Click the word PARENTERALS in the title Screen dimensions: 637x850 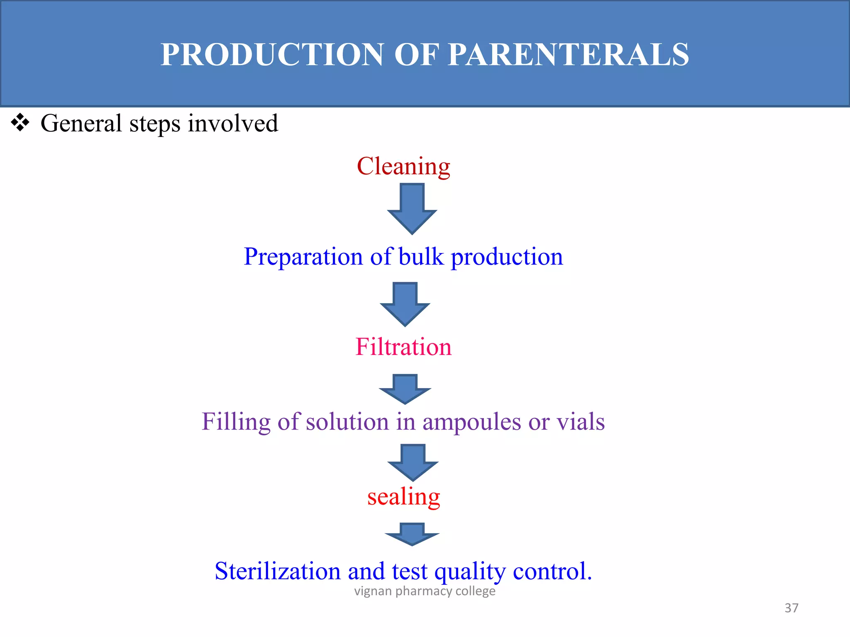[569, 55]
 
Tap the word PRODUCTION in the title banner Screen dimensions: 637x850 [272, 55]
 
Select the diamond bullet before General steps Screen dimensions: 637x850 [20, 123]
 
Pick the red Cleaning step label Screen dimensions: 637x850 [403, 166]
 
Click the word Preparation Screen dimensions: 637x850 [303, 257]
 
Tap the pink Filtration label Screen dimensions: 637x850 [403, 347]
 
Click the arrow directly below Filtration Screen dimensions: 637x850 [405, 389]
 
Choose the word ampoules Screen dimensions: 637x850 [471, 422]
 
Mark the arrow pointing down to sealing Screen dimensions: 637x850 [413, 462]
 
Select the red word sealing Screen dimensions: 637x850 [403, 497]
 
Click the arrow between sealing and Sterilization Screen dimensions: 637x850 [412, 534]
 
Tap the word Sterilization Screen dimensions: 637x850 [278, 571]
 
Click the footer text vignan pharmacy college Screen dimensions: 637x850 [425, 591]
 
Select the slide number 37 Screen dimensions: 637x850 [791, 608]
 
